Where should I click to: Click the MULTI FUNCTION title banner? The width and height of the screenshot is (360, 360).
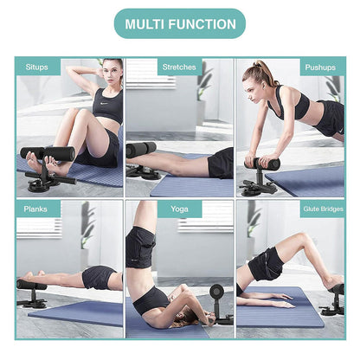pyautogui.click(x=180, y=23)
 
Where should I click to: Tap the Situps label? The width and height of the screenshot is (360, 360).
pyautogui.click(x=38, y=67)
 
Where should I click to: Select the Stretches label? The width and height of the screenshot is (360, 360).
pyautogui.click(x=178, y=67)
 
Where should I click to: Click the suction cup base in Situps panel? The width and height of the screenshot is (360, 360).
pyautogui.click(x=43, y=182)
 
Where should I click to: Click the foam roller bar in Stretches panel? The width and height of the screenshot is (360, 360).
pyautogui.click(x=141, y=149)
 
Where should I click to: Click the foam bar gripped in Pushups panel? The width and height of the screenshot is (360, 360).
pyautogui.click(x=262, y=163)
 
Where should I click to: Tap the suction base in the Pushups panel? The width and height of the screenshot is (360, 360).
pyautogui.click(x=258, y=186)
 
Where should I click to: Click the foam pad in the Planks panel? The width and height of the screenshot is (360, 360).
pyautogui.click(x=31, y=285)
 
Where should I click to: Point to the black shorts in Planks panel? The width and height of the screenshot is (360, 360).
pyautogui.click(x=99, y=277)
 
